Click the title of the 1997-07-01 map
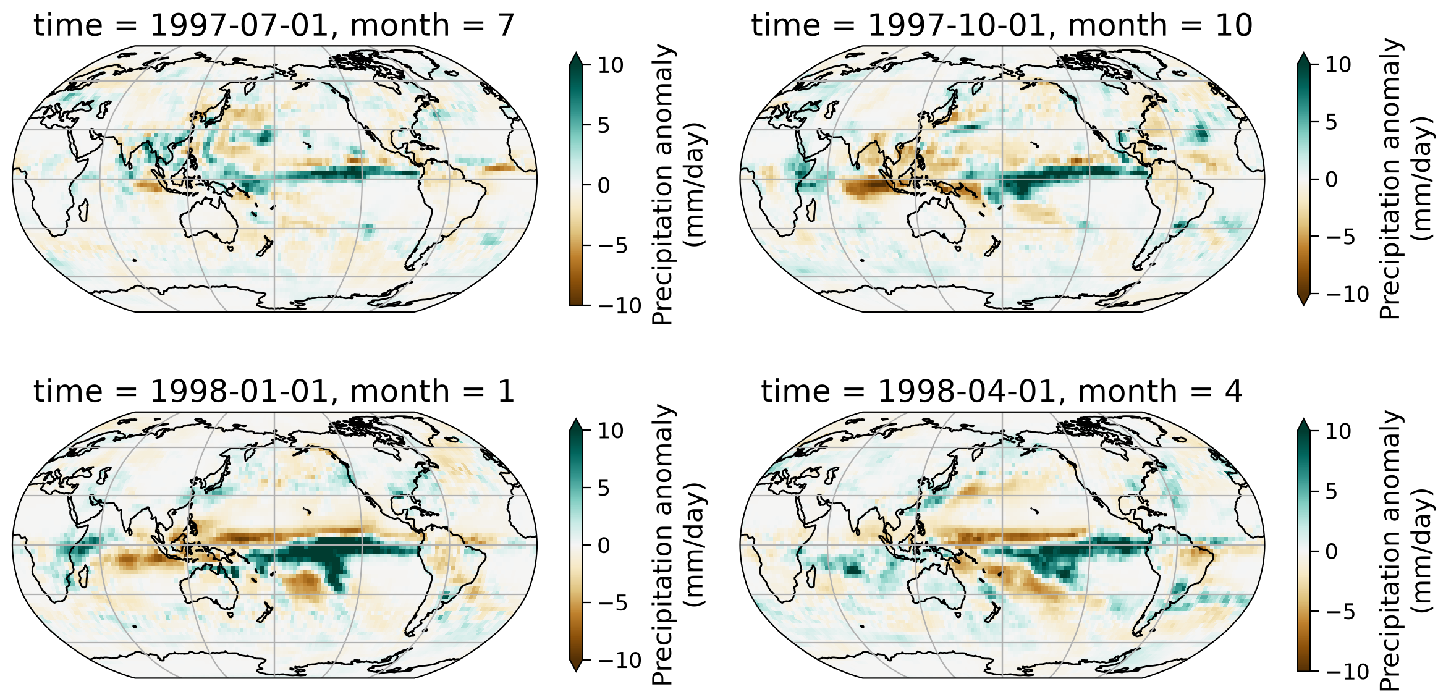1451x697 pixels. tap(274, 26)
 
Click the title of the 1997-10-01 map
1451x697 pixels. tap(1002, 26)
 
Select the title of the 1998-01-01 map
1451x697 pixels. tap(274, 392)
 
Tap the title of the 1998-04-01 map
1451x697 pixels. tap(1002, 392)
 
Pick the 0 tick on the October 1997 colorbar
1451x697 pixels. tap(1331, 179)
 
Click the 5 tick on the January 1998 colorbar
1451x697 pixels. tap(604, 488)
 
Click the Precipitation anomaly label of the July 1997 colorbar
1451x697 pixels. tap(662, 184)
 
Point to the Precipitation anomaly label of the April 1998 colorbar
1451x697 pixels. tap(1390, 551)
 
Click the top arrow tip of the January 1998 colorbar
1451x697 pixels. tap(575, 419)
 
